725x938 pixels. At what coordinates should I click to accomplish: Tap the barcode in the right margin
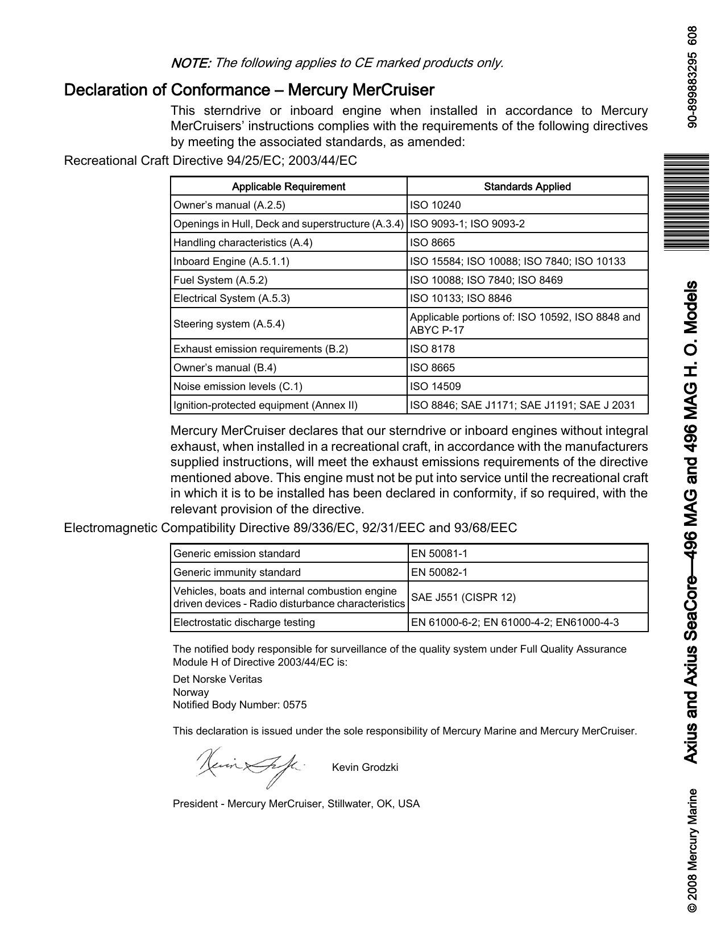[x=689, y=201]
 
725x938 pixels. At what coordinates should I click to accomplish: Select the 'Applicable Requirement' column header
[x=288, y=186]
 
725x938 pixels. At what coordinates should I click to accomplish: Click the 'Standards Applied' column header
[x=527, y=186]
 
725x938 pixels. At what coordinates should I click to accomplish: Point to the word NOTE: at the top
[x=191, y=63]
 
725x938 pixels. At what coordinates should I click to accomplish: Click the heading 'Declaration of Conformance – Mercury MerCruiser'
[x=249, y=90]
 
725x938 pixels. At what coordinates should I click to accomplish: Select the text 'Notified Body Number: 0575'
[x=239, y=705]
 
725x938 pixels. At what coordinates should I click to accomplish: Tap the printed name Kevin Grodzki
[x=364, y=767]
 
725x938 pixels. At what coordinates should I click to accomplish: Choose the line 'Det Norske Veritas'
[x=217, y=679]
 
